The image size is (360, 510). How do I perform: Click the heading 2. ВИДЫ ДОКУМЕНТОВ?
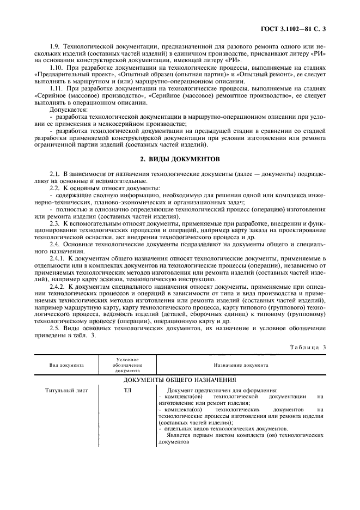[x=180, y=160]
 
